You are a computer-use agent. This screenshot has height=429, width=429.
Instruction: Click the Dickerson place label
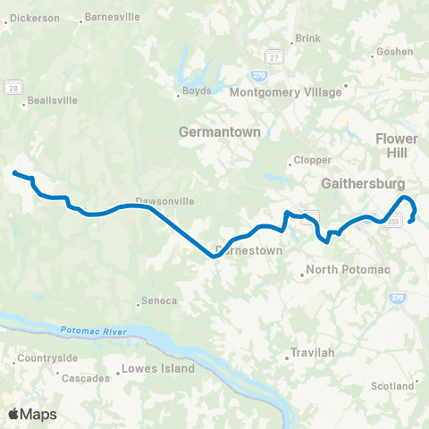click(34, 17)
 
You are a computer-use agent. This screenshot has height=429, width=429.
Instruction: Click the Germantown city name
click(219, 131)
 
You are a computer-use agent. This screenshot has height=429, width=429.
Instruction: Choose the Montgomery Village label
click(286, 92)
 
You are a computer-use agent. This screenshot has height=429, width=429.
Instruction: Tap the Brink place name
click(307, 39)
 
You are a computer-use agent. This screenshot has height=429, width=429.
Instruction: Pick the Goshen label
click(395, 52)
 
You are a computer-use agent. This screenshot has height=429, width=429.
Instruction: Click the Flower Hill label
click(396, 147)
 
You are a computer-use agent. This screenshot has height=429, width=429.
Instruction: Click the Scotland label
click(392, 386)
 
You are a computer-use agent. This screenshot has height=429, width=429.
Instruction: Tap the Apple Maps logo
click(33, 414)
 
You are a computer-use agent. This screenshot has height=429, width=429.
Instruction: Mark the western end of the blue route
click(14, 172)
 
